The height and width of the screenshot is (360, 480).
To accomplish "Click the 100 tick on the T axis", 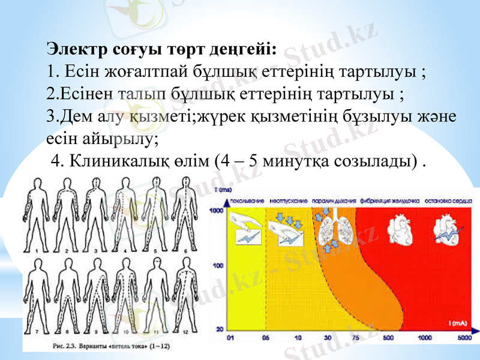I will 218,265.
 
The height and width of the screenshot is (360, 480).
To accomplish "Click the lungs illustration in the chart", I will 329,231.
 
